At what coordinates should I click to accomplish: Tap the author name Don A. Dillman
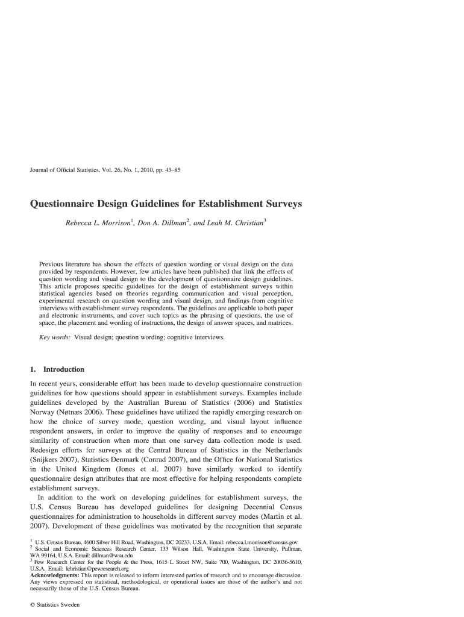coord(162,224)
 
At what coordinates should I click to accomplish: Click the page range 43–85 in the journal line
coord(168,171)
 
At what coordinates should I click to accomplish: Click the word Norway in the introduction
coord(45,412)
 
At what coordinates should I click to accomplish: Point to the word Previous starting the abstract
coord(54,265)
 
